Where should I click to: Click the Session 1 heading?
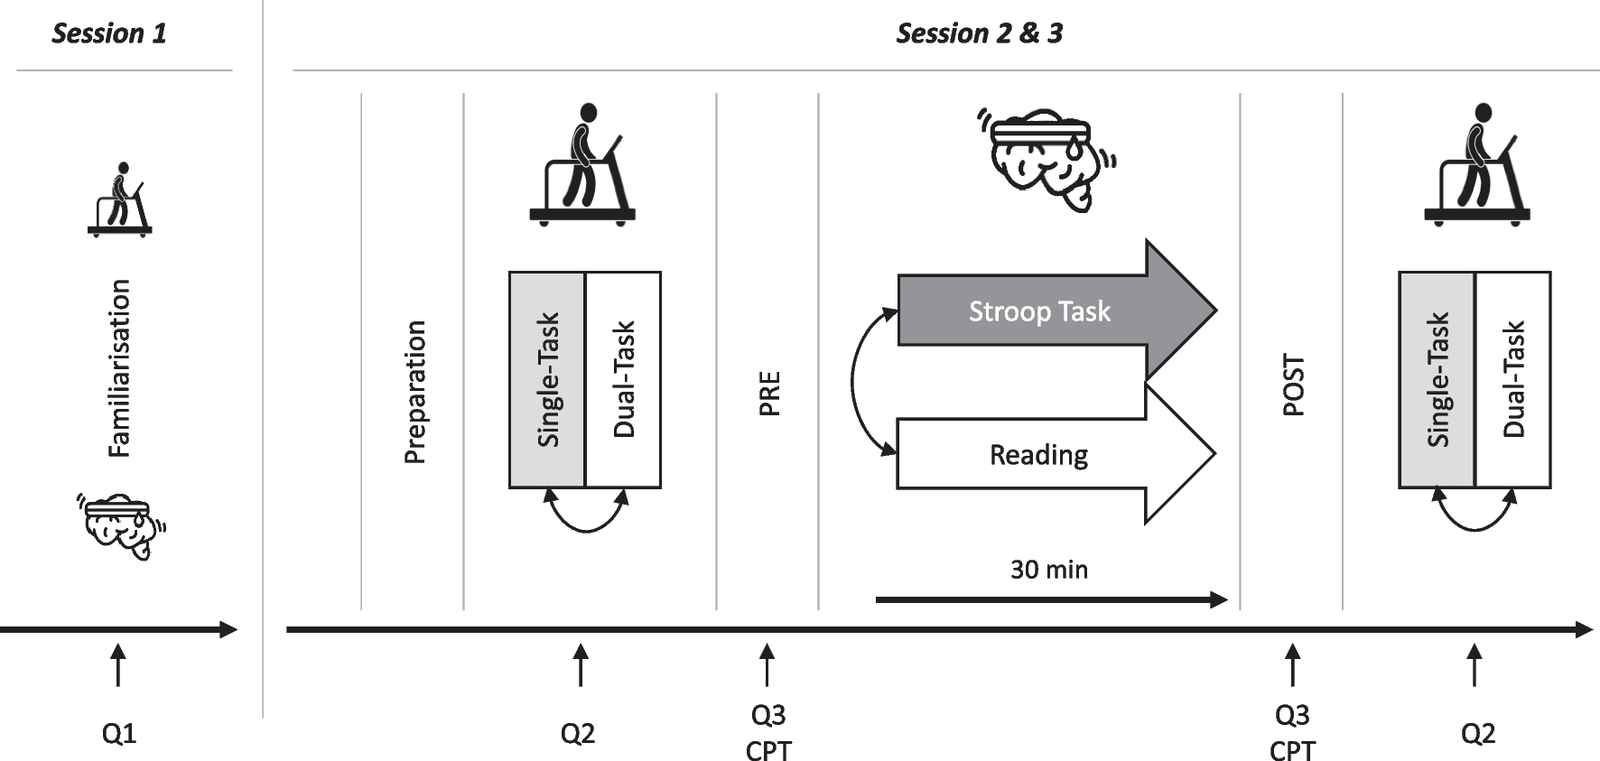(109, 33)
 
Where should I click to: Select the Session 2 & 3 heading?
(979, 33)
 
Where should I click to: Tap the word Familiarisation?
(119, 368)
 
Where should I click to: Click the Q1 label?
(118, 733)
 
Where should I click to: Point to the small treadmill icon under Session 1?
(120, 200)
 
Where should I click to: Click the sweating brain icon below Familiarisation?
(122, 525)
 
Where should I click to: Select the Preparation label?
(414, 392)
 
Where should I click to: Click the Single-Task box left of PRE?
(547, 379)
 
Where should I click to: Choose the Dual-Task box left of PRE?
(623, 379)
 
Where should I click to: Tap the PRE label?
(768, 393)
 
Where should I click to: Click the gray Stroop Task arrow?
(1038, 311)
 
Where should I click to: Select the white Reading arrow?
(1038, 454)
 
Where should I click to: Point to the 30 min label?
(1048, 570)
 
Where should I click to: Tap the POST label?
(1293, 385)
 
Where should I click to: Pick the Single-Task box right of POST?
(1437, 379)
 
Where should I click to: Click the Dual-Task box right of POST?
(1512, 379)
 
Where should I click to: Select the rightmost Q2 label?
(1477, 733)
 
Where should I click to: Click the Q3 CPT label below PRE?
(767, 732)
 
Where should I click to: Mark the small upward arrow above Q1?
(117, 664)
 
